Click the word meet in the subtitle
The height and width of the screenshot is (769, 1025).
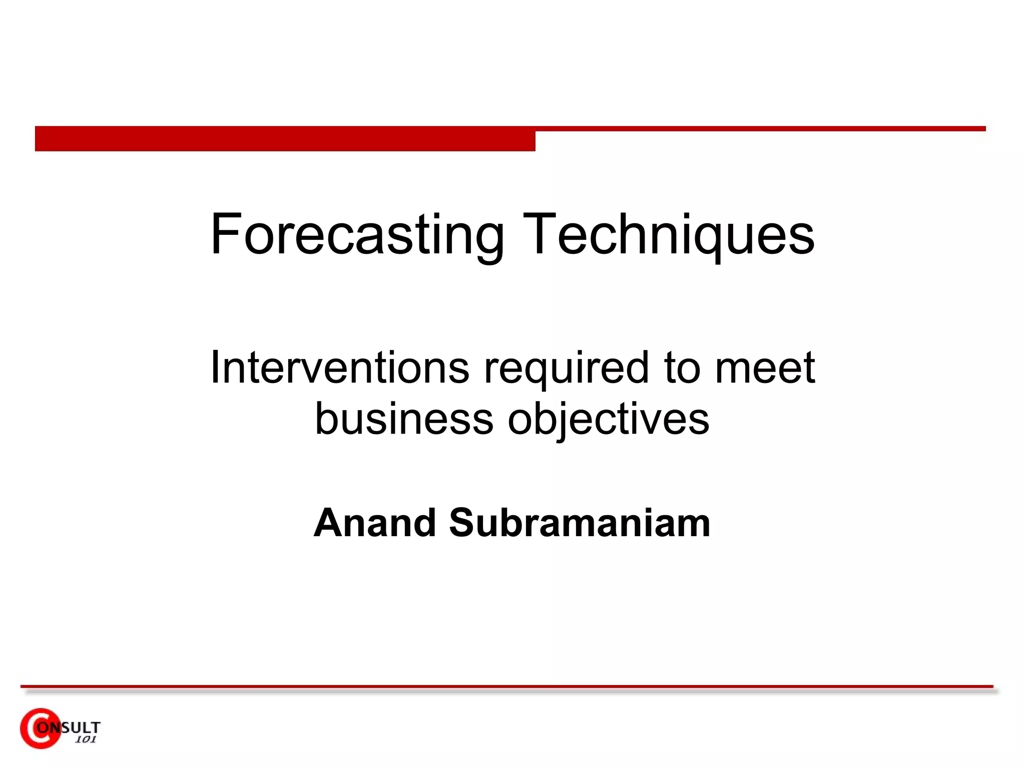(765, 368)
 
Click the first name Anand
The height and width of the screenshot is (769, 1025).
(375, 523)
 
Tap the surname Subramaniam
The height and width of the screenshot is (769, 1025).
(580, 523)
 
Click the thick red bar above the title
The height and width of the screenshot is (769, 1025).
(285, 139)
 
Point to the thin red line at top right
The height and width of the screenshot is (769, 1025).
(761, 129)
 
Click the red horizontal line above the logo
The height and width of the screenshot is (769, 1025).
(506, 686)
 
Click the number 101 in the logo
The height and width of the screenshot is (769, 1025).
(85, 739)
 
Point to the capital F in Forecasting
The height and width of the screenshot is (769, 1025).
(225, 234)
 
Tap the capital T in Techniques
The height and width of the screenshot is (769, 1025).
(540, 234)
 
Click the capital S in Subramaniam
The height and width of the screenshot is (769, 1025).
(464, 523)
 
